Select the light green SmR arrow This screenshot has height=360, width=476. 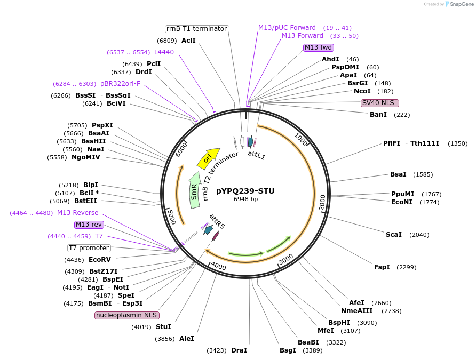[195, 187]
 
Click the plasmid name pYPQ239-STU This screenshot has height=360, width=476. [245, 190]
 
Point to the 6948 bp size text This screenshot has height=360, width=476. [245, 199]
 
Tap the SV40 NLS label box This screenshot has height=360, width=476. [379, 103]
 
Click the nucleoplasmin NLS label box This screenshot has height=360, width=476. [127, 315]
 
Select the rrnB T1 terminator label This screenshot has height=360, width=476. [196, 29]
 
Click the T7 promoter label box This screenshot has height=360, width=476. [89, 248]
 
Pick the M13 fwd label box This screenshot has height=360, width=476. [319, 47]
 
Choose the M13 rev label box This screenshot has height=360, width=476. [89, 225]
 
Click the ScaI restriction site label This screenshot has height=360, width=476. [394, 235]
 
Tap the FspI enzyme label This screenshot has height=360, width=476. [382, 267]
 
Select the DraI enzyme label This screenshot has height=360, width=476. [239, 350]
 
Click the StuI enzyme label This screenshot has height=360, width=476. [164, 326]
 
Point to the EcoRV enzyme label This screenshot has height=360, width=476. [100, 260]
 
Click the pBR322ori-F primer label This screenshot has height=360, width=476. [121, 84]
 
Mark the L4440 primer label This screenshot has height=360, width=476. [164, 52]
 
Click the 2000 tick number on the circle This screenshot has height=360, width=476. [322, 203]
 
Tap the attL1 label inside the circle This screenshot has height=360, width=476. [256, 155]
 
